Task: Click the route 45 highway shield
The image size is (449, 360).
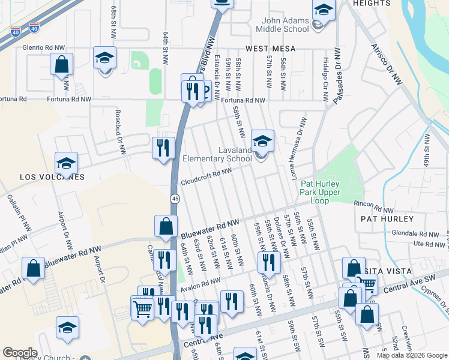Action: click(x=173, y=199)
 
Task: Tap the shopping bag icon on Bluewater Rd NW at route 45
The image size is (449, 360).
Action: click(x=166, y=227)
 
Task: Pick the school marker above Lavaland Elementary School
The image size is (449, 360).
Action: click(x=262, y=142)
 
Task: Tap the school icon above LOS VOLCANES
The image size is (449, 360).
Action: click(x=67, y=163)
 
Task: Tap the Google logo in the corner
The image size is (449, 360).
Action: click(x=19, y=353)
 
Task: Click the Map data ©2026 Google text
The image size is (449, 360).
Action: click(x=411, y=355)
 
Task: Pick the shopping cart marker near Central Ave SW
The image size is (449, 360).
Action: click(x=368, y=283)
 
